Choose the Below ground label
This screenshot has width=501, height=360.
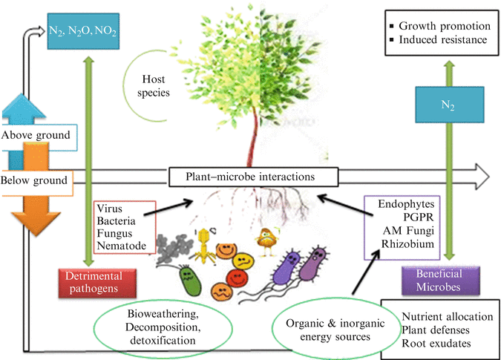(34, 180)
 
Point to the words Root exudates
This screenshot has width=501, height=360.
(436, 341)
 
